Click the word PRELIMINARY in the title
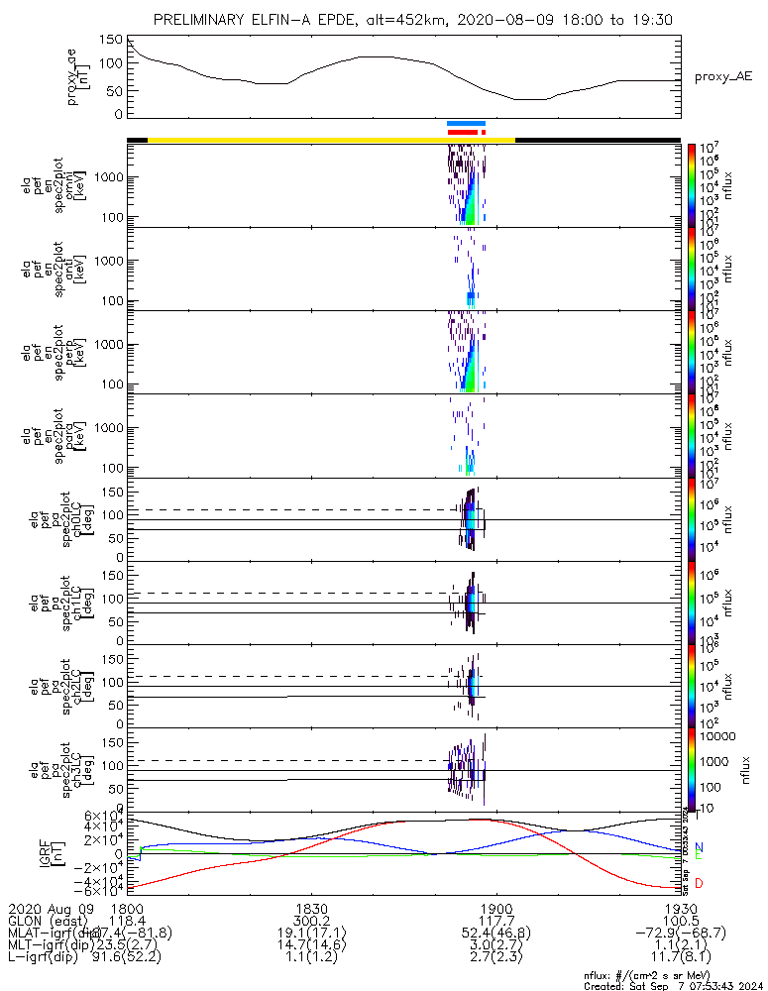[x=203, y=20]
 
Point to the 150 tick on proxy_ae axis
[x=111, y=40]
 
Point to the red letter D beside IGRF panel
[x=699, y=882]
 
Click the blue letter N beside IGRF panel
[x=699, y=847]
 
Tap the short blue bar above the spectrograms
[x=466, y=123]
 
